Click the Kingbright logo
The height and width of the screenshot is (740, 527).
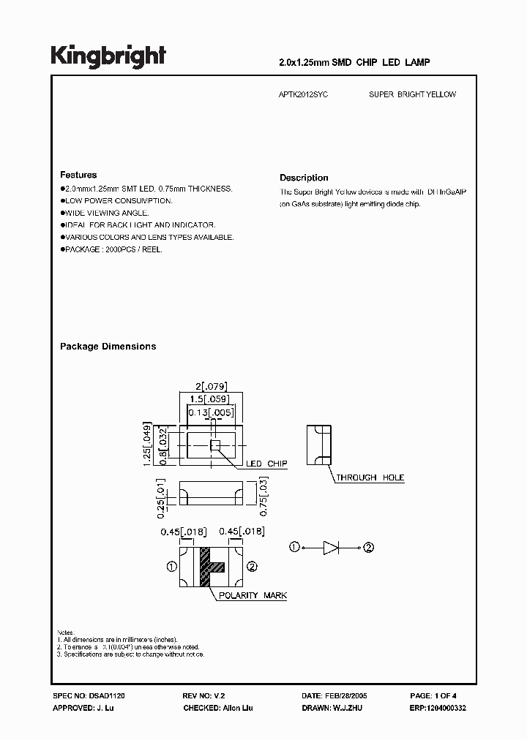coord(108,56)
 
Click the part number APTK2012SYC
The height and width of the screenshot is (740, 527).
coord(304,95)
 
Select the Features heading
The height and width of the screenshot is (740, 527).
coord(78,175)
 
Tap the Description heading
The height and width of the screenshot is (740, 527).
coord(304,178)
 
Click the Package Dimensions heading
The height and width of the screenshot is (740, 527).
coord(108,347)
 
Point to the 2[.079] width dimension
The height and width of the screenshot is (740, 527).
coord(209,387)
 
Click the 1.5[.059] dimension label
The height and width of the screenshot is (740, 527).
coord(209,399)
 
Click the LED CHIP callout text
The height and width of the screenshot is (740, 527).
coord(266,464)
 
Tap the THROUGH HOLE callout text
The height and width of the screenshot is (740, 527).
coord(370,477)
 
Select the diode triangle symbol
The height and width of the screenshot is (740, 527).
coord(330,547)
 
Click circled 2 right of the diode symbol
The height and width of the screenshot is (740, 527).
coord(368,547)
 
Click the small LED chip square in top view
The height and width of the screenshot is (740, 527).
coord(215,445)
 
